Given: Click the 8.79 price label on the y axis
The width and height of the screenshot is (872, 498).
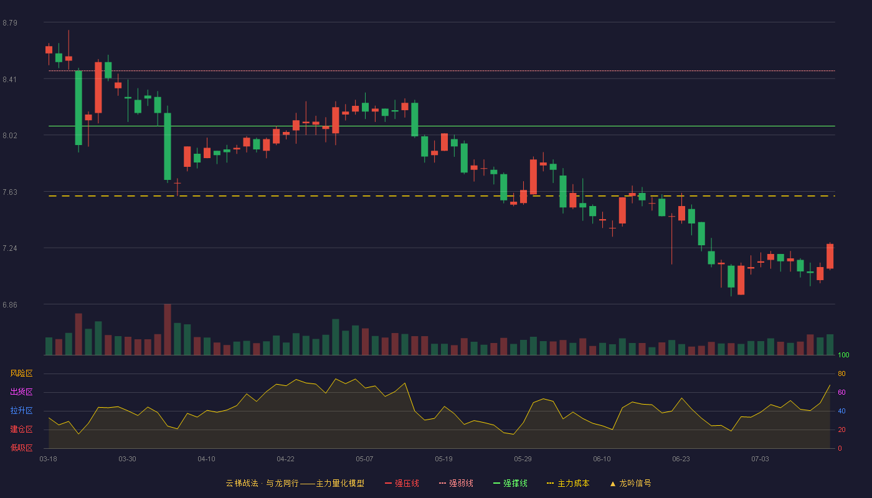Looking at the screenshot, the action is [10, 23].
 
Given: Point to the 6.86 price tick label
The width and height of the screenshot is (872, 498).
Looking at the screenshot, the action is [10, 305].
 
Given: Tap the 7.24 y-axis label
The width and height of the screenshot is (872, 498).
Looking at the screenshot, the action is [10, 248].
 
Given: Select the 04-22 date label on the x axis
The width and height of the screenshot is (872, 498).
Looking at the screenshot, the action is [285, 459].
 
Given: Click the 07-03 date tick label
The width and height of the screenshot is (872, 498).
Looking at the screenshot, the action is [760, 459].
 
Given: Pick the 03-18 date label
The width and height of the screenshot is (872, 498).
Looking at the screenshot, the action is [49, 459].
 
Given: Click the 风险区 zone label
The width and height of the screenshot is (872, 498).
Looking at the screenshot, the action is [21, 374].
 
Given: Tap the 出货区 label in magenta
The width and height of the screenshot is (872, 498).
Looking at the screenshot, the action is [21, 392].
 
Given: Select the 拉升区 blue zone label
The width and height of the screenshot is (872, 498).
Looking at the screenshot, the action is [21, 410].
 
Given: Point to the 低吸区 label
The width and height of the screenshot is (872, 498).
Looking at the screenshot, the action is [21, 448].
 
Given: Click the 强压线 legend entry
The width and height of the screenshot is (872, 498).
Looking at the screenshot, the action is [402, 483].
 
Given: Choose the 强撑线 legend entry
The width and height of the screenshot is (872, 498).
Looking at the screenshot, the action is [510, 483].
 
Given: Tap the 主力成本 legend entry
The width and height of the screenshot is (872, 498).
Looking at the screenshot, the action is [568, 483].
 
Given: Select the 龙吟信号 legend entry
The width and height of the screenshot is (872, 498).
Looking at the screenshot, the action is [630, 483].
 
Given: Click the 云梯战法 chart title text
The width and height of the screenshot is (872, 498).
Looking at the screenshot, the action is [242, 483].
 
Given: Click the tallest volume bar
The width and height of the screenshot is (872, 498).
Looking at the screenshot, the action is [168, 329].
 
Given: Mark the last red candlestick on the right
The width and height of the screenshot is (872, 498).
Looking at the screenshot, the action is [830, 256].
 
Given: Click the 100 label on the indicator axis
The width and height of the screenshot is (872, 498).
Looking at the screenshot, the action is [843, 355].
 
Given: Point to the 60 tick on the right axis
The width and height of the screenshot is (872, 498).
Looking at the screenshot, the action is [841, 392].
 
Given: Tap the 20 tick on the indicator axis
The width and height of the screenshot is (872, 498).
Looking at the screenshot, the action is [841, 430].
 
